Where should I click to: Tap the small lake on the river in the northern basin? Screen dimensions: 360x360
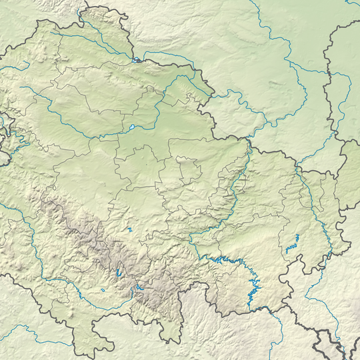click(132, 127)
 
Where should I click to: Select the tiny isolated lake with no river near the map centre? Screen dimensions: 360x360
click(131, 230)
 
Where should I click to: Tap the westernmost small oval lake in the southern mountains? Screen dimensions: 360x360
click(104, 290)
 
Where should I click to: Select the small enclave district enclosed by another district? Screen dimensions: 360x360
click(189, 169)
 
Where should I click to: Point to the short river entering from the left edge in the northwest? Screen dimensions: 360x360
click(13, 67)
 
